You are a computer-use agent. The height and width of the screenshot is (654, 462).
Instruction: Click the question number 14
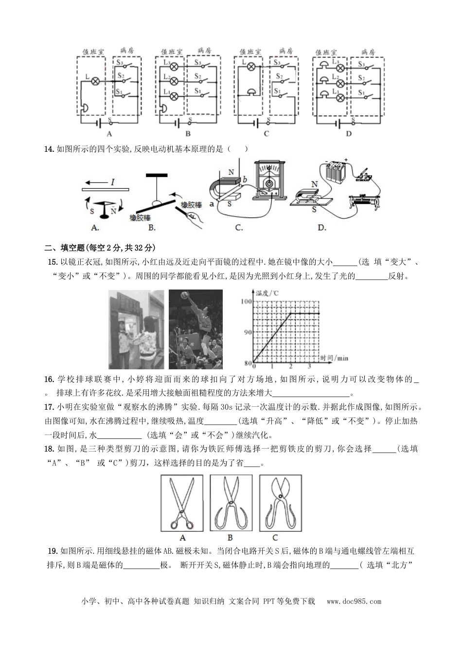point(49,149)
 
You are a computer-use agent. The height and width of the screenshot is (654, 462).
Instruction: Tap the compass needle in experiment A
point(104,207)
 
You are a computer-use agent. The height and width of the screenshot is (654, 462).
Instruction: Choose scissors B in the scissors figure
point(231,504)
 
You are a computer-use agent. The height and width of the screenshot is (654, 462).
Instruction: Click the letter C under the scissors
point(275,537)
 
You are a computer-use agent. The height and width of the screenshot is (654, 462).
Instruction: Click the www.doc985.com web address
point(354,601)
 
